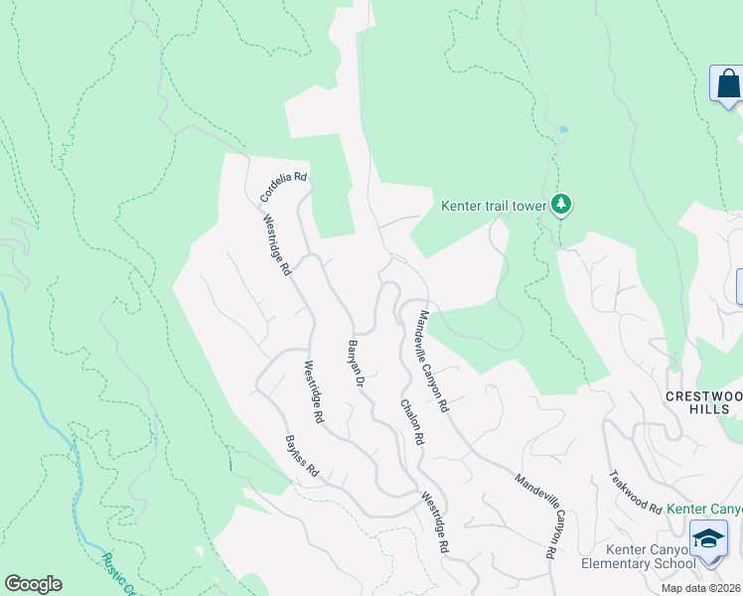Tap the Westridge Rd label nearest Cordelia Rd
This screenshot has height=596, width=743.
pyautogui.click(x=277, y=247)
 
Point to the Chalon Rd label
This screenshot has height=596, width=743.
pyautogui.click(x=412, y=422)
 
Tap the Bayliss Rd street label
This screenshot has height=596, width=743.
pyautogui.click(x=301, y=457)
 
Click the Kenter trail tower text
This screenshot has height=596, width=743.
pyautogui.click(x=495, y=207)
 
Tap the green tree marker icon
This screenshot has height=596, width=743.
pyautogui.click(x=563, y=204)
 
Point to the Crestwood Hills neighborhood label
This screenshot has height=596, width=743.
pyautogui.click(x=703, y=403)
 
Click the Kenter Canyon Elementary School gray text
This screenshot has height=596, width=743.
pyautogui.click(x=650, y=557)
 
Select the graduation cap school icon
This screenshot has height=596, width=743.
pyautogui.click(x=708, y=539)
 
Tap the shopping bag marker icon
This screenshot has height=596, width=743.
pyautogui.click(x=728, y=83)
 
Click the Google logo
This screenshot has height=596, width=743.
pyautogui.click(x=33, y=584)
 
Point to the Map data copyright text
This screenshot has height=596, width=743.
pyautogui.click(x=701, y=588)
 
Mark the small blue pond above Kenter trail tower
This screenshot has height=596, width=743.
pyautogui.click(x=563, y=129)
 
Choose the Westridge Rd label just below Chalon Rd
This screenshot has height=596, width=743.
pyautogui.click(x=434, y=523)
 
